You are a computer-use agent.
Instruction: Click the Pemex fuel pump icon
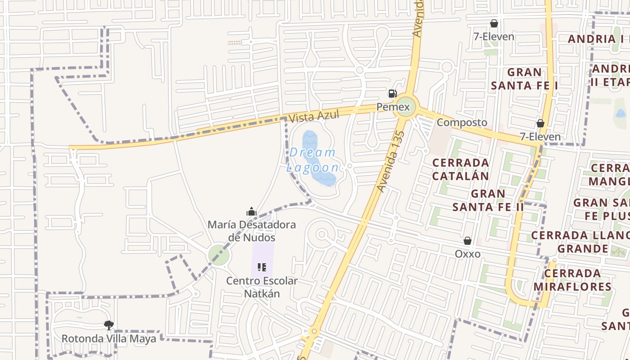(x=392, y=94)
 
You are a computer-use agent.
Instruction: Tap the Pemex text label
(x=393, y=107)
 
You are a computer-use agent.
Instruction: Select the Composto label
(x=462, y=122)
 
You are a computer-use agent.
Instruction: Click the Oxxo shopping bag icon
(x=468, y=241)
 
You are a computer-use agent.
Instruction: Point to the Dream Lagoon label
(x=313, y=160)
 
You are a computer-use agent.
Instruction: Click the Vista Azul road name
(x=314, y=116)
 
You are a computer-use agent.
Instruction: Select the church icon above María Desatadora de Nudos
(x=252, y=211)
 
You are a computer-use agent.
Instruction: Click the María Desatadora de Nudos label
(x=252, y=231)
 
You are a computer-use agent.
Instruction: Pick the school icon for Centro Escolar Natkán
(x=262, y=268)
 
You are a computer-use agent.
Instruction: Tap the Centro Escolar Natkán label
(x=262, y=287)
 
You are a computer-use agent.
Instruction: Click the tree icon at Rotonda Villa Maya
(x=108, y=325)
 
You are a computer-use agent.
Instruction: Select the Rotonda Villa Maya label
(x=108, y=338)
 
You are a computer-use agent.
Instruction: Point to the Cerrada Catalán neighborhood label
(x=460, y=169)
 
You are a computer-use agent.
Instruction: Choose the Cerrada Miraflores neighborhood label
(x=572, y=280)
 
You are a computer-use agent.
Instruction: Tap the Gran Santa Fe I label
(x=524, y=79)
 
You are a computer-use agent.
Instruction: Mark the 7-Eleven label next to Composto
(x=540, y=137)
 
